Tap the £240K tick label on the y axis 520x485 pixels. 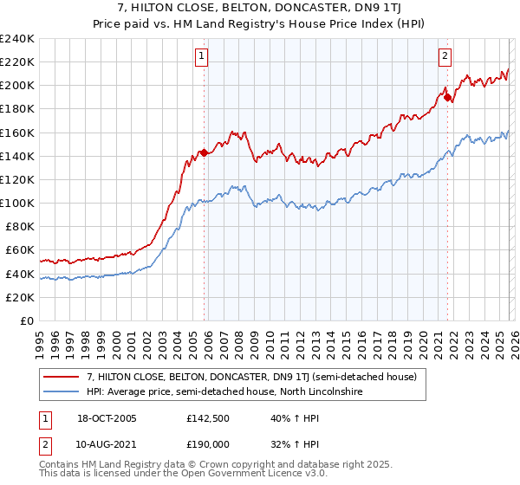tap(17, 39)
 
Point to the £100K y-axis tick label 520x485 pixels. tap(17, 203)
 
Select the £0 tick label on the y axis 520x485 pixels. tap(26, 320)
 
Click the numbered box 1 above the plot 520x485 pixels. tap(201, 56)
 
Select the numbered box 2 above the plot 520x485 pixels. tap(445, 56)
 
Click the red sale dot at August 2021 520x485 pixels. tap(447, 97)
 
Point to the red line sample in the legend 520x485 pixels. tap(62, 377)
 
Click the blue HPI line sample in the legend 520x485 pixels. tap(62, 392)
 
